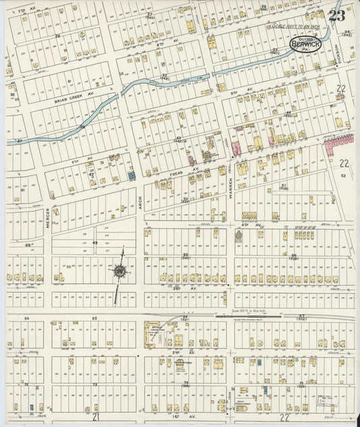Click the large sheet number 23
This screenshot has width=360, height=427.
337,16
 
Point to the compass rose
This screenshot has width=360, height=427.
120,272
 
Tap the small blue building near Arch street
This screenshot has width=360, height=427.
131,176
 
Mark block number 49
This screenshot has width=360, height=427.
95,243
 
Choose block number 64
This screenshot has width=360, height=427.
27,318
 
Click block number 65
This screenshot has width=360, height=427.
95,318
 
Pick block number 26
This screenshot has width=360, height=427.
58,36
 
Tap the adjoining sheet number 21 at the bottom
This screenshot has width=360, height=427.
96,418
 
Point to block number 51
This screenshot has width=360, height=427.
284,185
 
